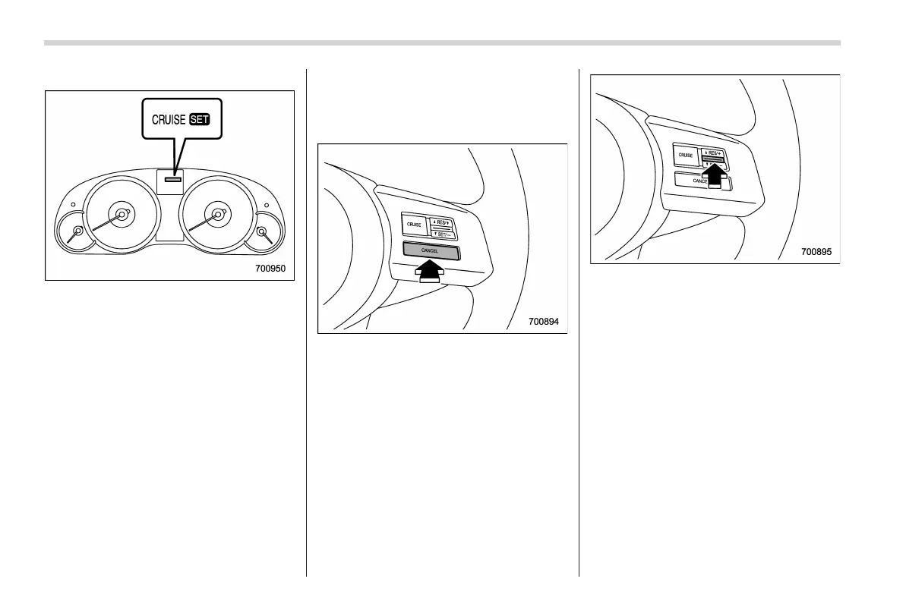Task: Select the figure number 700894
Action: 543,322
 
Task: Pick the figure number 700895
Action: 816,251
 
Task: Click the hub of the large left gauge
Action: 121,215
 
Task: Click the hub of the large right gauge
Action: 218,215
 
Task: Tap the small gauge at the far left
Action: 76,231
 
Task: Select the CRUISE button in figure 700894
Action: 414,225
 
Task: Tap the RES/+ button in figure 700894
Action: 440,222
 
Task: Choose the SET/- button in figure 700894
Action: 440,233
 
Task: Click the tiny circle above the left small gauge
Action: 72,205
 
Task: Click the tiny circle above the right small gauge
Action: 267,205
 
